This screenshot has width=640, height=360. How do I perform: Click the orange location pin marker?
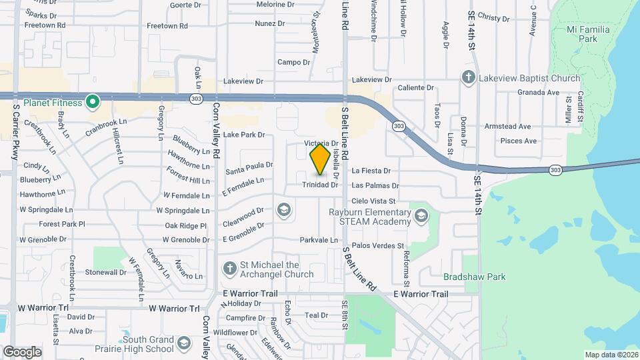(320, 159)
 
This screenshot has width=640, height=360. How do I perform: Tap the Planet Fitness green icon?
(93, 103)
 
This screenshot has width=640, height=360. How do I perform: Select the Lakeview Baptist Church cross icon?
(468, 78)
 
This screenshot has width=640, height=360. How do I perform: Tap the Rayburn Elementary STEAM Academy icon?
(421, 215)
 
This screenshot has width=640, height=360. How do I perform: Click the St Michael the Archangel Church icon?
(229, 268)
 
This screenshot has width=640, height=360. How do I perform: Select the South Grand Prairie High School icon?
(184, 344)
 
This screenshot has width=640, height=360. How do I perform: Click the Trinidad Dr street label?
(320, 185)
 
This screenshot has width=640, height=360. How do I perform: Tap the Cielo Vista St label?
(373, 201)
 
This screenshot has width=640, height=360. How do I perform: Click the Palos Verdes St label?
(378, 246)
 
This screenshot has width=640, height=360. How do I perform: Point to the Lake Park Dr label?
(244, 135)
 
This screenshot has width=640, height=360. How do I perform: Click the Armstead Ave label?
(507, 126)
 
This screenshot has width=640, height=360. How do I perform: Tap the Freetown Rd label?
(45, 25)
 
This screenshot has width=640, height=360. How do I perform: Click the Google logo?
(22, 351)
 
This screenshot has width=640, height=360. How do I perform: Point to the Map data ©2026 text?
(611, 355)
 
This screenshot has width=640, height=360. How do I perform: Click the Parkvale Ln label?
(319, 240)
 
